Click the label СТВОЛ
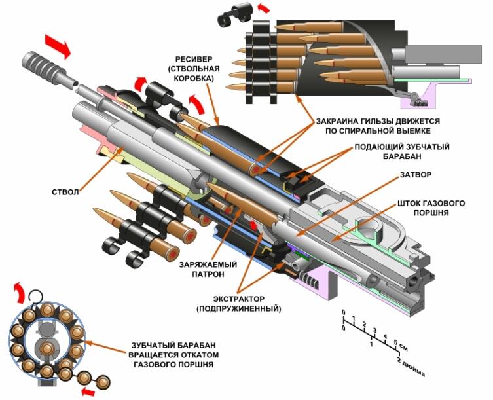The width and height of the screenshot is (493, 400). tap(65, 192)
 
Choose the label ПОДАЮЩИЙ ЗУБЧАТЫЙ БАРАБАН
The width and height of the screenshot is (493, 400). tap(392, 152)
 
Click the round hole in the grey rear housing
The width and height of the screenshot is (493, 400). tap(374, 232)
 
